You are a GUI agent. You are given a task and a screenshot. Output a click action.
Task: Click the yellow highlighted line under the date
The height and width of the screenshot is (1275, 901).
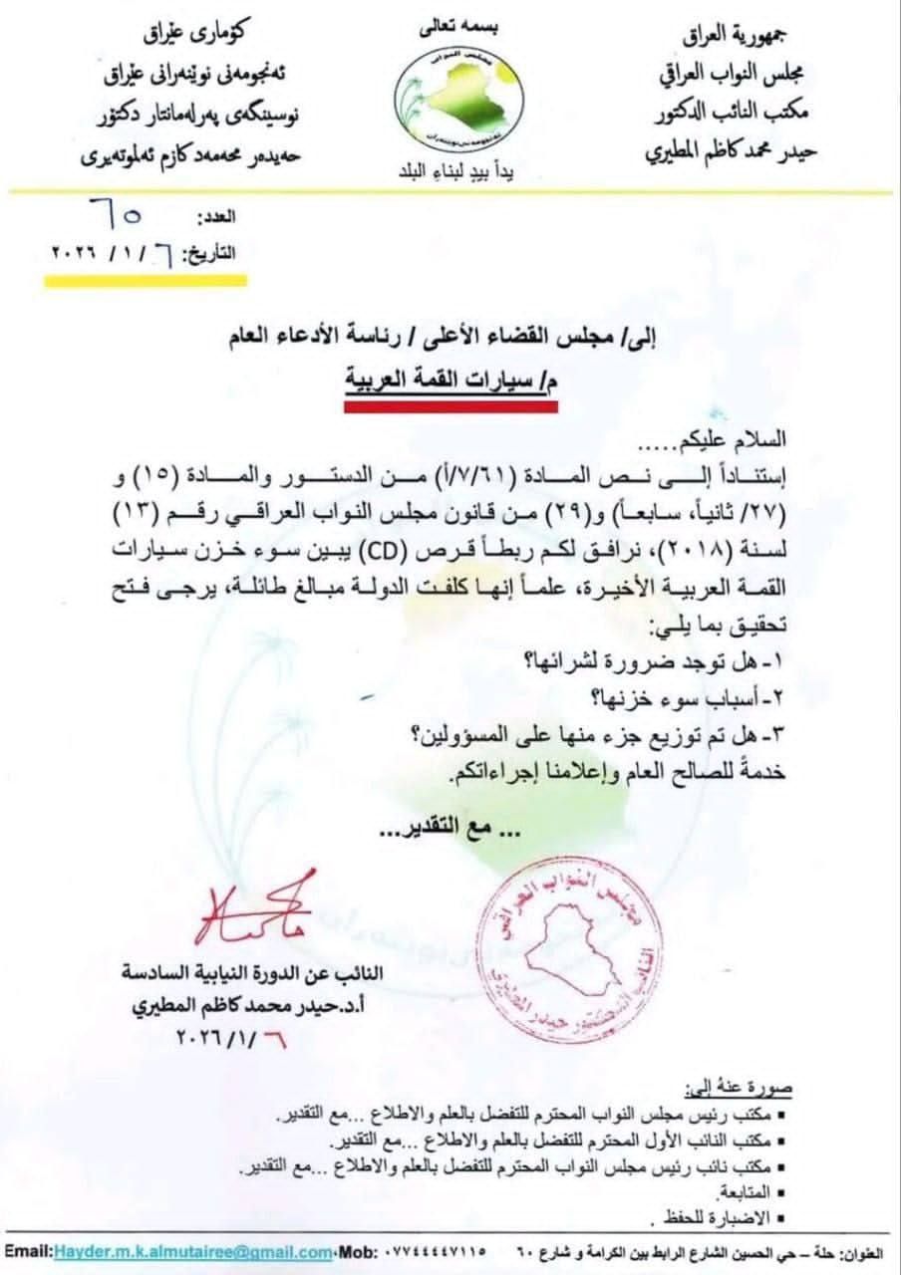pyautogui.click(x=146, y=280)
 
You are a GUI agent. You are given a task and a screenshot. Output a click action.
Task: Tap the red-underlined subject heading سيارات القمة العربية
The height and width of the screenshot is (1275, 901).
pyautogui.click(x=455, y=384)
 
